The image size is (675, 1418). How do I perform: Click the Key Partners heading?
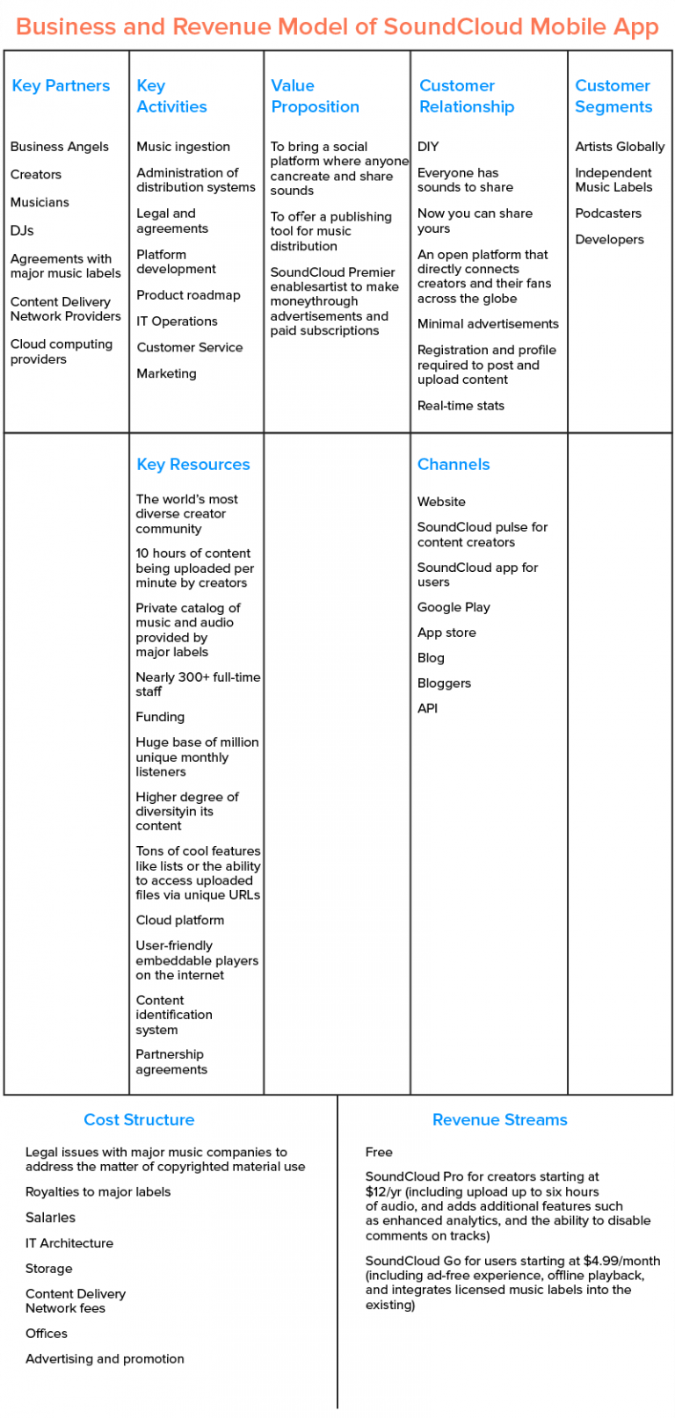[x=61, y=85]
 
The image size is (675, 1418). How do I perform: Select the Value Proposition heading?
[x=315, y=96]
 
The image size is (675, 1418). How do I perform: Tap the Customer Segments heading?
[x=613, y=96]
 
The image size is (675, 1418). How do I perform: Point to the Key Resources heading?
[x=192, y=464]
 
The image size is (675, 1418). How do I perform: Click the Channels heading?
[x=453, y=464]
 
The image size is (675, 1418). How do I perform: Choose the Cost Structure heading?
[x=139, y=1119]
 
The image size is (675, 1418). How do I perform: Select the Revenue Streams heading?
[x=499, y=1119]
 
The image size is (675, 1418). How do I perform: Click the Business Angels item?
[x=60, y=147]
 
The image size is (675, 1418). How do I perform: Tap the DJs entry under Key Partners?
[x=22, y=230]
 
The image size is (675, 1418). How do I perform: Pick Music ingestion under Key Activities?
[x=183, y=147]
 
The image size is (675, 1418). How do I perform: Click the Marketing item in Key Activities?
[x=166, y=373]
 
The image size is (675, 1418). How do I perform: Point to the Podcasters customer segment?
[x=608, y=213]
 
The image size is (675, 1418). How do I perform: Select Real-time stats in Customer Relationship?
[x=461, y=406]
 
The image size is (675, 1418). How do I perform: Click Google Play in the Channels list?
[x=454, y=607]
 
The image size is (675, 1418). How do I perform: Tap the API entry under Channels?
[x=427, y=708]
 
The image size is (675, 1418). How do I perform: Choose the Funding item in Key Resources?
[x=160, y=717]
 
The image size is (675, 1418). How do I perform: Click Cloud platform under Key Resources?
[x=179, y=920]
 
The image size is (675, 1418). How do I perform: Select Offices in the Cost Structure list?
[x=47, y=1334]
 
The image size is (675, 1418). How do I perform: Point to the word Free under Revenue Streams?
[x=379, y=1152]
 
